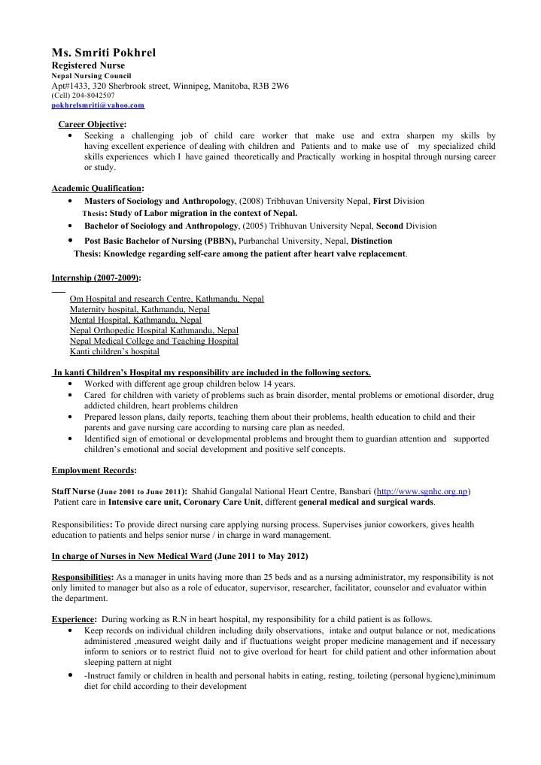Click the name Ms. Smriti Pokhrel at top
[x=103, y=53]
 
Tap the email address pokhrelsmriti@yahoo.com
[x=98, y=106]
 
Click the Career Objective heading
[x=92, y=124]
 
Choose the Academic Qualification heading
[x=97, y=188]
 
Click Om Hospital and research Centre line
[x=166, y=299]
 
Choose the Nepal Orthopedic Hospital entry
[x=153, y=330]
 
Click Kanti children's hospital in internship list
[x=114, y=351]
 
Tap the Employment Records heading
[x=93, y=470]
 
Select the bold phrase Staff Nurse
[x=74, y=491]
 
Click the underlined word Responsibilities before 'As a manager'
[x=82, y=576]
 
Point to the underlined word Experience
[x=73, y=618]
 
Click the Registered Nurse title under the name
[x=87, y=65]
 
